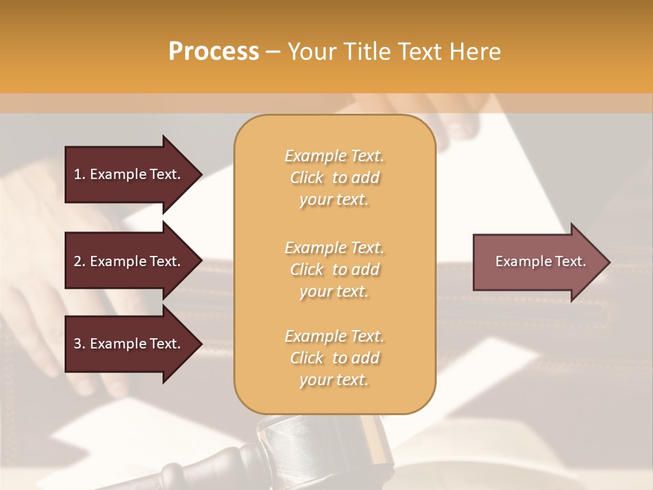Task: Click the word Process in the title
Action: coord(214,52)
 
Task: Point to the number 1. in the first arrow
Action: coord(80,174)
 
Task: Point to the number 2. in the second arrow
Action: coord(80,261)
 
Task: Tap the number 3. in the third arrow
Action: coord(80,344)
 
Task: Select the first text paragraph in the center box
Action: coord(334,178)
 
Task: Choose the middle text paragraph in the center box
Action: coord(334,269)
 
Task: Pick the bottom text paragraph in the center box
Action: coord(334,358)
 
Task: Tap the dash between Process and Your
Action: coord(273,52)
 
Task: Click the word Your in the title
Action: coord(310,52)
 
